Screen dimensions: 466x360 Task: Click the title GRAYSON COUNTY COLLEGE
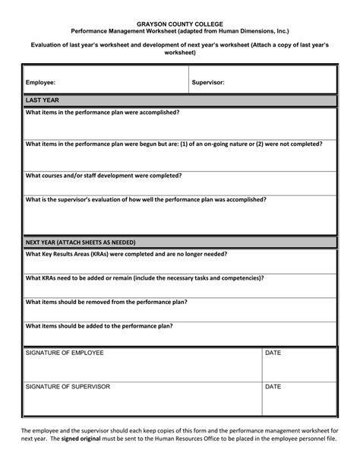pyautogui.click(x=179, y=25)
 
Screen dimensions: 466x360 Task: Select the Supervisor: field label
pyautogui.click(x=208, y=81)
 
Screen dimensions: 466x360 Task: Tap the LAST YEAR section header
pyautogui.click(x=43, y=100)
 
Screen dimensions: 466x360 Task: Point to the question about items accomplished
pyautogui.click(x=103, y=112)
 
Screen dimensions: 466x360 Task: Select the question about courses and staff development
pyautogui.click(x=103, y=176)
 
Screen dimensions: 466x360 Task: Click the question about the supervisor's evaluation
pyautogui.click(x=146, y=199)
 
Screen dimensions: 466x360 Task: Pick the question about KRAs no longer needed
pyautogui.click(x=127, y=254)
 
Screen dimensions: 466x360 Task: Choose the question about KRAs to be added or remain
pyautogui.click(x=145, y=278)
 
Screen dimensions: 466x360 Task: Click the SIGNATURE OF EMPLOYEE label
pyautogui.click(x=65, y=353)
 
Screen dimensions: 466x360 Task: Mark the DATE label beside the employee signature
pyautogui.click(x=273, y=353)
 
